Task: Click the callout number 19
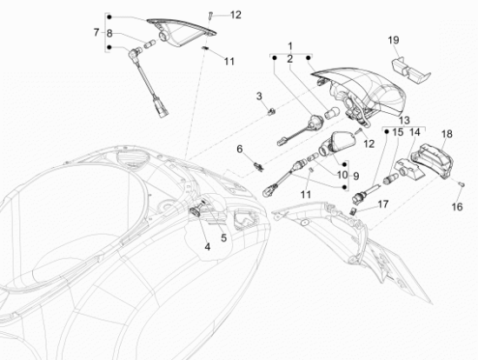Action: [x=394, y=40]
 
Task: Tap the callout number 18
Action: [x=447, y=134]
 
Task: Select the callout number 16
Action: [x=457, y=207]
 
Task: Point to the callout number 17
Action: [x=383, y=203]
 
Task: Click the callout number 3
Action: [x=259, y=97]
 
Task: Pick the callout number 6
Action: [x=240, y=150]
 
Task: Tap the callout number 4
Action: [x=208, y=247]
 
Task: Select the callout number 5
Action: [x=223, y=238]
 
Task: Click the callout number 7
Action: [x=96, y=32]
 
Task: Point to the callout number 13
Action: [x=404, y=120]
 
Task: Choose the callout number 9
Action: [x=355, y=176]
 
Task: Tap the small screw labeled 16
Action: [x=461, y=184]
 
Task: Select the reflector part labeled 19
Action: [x=410, y=70]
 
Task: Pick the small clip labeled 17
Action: [x=353, y=210]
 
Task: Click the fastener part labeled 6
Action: [x=258, y=167]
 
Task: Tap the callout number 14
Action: [x=415, y=132]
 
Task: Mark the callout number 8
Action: [x=110, y=34]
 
